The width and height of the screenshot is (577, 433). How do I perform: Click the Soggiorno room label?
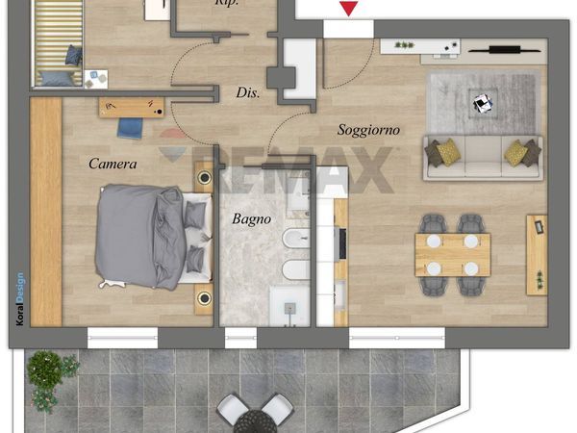tap(368, 130)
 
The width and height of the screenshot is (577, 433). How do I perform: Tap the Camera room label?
tap(113, 164)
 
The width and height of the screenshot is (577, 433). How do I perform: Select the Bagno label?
tap(251, 219)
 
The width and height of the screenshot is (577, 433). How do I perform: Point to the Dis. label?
tap(248, 92)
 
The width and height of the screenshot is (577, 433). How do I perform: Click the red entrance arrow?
tap(348, 9)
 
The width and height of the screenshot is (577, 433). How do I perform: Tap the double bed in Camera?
tap(154, 237)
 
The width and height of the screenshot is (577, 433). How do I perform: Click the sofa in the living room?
tap(483, 158)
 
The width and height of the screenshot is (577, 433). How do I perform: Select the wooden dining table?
tap(453, 255)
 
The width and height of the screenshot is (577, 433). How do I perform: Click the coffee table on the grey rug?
tap(483, 103)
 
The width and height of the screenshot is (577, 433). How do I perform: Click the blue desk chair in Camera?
tap(130, 129)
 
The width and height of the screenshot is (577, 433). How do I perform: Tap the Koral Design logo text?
tap(20, 298)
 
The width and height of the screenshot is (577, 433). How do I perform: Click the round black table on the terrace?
tap(255, 422)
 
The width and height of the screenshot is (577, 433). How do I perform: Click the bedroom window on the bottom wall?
tap(122, 338)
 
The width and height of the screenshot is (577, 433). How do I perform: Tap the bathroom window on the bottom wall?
tap(240, 338)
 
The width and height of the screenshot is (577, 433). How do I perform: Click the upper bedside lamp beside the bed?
tap(204, 178)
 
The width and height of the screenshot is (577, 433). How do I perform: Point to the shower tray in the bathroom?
tap(289, 306)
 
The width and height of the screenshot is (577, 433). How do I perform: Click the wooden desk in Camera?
tap(132, 108)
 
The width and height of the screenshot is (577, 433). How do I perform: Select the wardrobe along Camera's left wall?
tap(46, 212)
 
